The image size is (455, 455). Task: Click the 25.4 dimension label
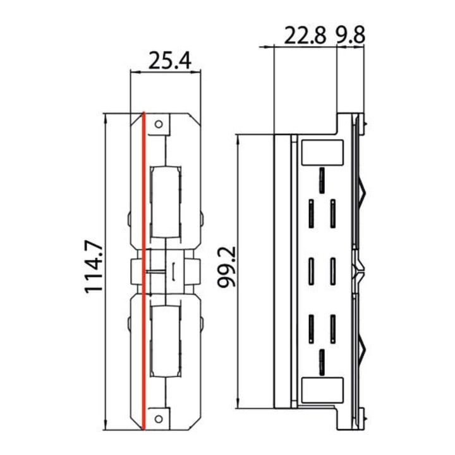click(170, 61)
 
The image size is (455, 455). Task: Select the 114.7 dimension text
click(94, 267)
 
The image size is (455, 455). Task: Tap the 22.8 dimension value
click(305, 35)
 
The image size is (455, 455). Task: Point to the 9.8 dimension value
click(350, 35)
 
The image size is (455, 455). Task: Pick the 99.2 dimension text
click(226, 267)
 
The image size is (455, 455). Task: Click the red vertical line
click(143, 271)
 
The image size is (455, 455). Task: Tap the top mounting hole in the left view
click(159, 124)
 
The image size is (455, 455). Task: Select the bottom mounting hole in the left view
click(159, 419)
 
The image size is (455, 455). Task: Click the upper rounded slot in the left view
click(166, 202)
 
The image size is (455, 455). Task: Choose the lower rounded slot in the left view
click(166, 341)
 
